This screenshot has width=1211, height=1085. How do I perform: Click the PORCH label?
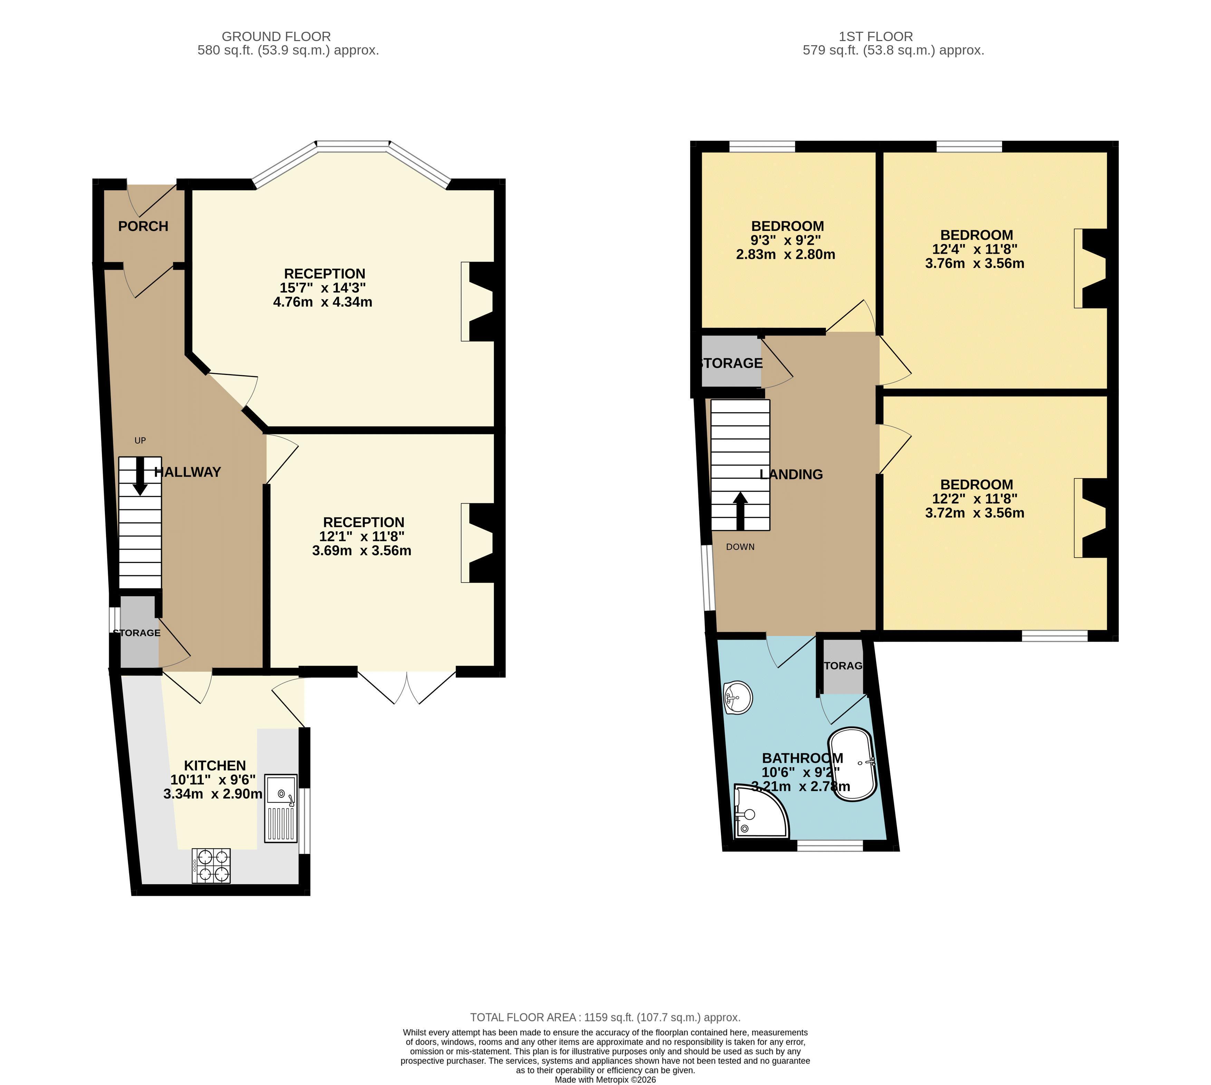pyautogui.click(x=143, y=226)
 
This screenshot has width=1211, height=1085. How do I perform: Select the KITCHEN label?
pyautogui.click(x=215, y=765)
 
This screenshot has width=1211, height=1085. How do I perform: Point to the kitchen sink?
pyautogui.click(x=280, y=808)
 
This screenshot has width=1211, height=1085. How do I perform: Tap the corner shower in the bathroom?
pyautogui.click(x=761, y=811)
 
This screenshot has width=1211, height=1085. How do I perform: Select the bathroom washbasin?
pyautogui.click(x=738, y=697)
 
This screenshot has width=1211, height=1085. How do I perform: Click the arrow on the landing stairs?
pyautogui.click(x=741, y=511)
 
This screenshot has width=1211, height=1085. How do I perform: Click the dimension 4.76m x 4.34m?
pyautogui.click(x=323, y=302)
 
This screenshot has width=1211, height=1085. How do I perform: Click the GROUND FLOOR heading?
pyautogui.click(x=276, y=36)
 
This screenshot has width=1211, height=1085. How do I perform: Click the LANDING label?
pyautogui.click(x=791, y=475)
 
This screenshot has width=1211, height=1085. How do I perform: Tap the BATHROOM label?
pyautogui.click(x=802, y=758)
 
